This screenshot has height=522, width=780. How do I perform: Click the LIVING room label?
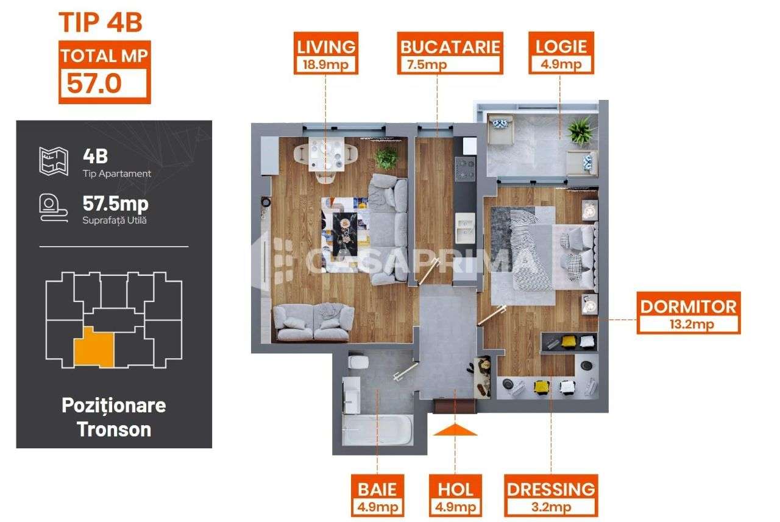325,54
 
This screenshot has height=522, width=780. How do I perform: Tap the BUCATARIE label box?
450,54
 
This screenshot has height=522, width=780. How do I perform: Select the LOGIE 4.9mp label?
561,54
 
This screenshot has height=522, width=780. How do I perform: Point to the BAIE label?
378,496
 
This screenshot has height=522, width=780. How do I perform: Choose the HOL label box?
455,496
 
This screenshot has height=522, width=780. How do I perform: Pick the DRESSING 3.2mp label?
551,496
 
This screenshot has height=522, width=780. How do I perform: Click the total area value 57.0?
94,83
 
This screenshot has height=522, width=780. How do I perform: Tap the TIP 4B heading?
101,23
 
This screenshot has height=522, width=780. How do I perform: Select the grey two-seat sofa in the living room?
313,321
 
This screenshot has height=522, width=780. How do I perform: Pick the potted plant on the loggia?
579,130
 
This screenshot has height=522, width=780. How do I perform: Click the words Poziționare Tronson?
114,417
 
